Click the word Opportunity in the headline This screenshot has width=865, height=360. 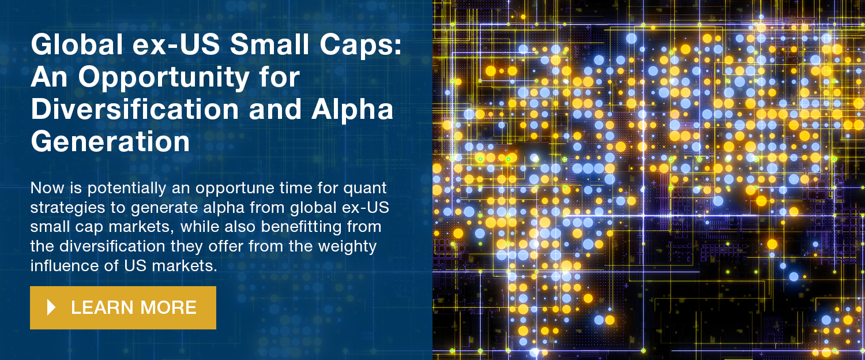tap(164, 78)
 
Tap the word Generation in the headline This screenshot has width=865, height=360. tap(111, 142)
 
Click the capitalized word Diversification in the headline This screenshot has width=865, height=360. tap(135, 109)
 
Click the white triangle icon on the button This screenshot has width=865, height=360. tap(51, 307)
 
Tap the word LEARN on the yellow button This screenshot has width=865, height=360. tap(102, 308)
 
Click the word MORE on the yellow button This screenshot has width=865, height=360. tap(168, 308)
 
